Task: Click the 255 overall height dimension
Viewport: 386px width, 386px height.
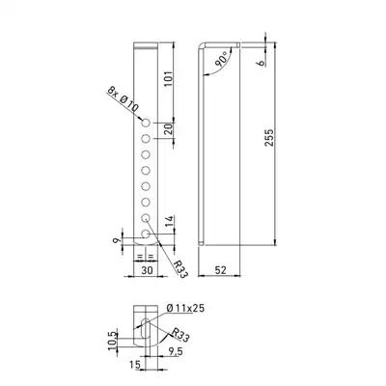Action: [269, 138]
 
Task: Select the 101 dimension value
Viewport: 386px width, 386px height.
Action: [169, 78]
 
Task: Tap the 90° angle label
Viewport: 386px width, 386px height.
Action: [223, 59]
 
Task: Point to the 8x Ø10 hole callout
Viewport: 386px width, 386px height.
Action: [123, 99]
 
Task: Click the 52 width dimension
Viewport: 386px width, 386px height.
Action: [220, 270]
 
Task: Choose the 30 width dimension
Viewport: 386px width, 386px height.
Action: [147, 270]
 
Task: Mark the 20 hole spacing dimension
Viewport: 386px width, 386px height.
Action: [169, 129]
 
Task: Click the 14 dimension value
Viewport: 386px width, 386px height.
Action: [170, 221]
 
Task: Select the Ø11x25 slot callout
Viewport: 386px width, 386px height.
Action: [185, 308]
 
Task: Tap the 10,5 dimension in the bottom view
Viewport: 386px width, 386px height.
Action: [113, 341]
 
